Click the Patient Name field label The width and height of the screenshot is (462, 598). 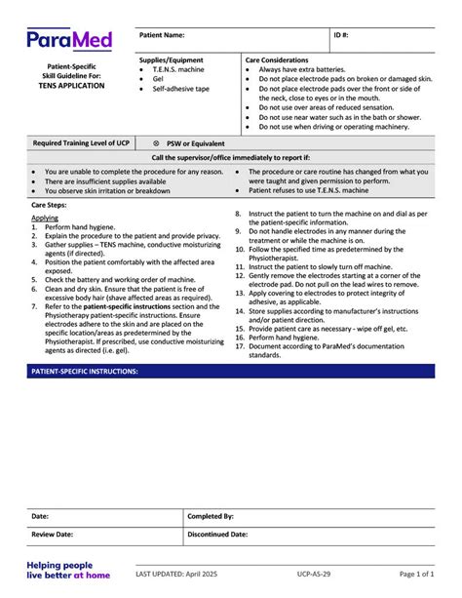click(163, 34)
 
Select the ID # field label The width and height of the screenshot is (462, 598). click(341, 34)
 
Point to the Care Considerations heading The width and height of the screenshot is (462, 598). click(277, 60)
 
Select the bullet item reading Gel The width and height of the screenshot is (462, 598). click(159, 79)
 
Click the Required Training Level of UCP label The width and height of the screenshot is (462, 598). click(81, 142)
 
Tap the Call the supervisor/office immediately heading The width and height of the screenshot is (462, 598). click(231, 157)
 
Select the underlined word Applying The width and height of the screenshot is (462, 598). click(45, 219)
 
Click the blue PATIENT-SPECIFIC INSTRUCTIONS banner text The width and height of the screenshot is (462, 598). click(85, 372)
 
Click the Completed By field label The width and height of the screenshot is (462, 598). click(211, 516)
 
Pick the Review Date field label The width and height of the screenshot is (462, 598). click(53, 535)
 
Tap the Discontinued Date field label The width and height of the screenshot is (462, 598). click(217, 535)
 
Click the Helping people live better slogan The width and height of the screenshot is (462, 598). click(68, 570)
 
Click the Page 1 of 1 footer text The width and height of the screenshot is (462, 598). click(421, 575)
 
